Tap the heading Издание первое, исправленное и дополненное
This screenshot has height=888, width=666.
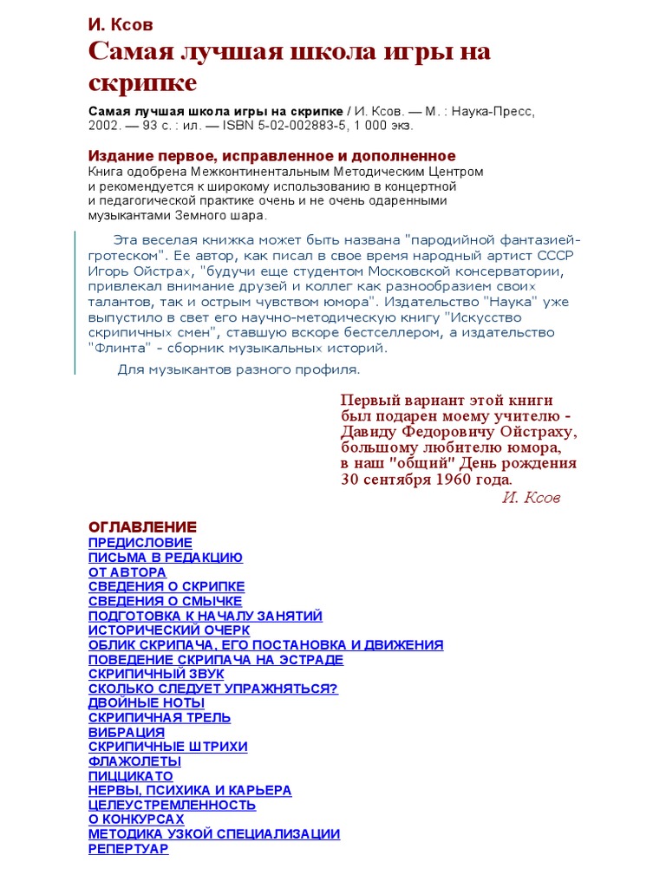point(271,156)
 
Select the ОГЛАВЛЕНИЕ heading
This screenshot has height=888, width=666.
point(142,527)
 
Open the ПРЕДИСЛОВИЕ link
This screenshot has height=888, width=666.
point(140,543)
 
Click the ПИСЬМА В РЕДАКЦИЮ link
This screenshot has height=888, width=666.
point(166,558)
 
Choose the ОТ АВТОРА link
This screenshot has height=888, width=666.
point(127,572)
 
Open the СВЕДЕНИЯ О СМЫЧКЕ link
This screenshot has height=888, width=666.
point(165,601)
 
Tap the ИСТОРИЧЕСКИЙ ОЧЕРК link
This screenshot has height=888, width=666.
point(169,630)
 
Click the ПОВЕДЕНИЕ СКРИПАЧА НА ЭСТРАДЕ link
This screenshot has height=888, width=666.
point(216,660)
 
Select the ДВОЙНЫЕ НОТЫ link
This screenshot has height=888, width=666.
point(147,703)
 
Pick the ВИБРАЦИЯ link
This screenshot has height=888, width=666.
point(127,733)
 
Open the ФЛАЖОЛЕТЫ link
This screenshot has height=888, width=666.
point(134,761)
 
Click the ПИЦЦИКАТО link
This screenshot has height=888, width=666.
point(131,776)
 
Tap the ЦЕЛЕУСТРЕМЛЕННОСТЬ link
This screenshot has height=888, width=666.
point(173,805)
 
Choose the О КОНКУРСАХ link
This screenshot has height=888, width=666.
point(136,819)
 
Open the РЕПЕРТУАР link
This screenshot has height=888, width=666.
point(128,849)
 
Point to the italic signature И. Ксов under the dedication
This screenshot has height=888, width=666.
point(531,498)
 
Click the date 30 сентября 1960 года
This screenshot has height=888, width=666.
point(426,480)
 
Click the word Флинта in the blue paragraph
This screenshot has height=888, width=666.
point(114,348)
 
